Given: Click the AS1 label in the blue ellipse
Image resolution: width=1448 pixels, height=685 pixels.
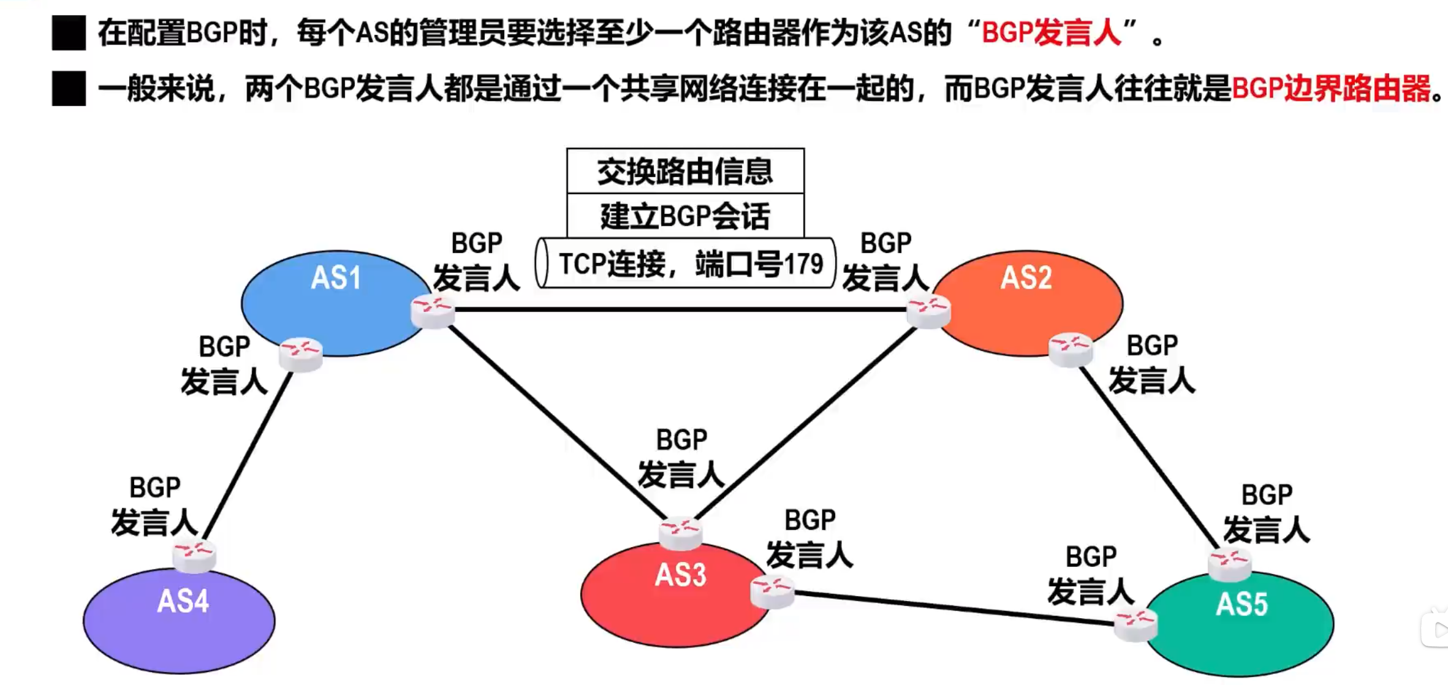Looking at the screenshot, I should (x=335, y=278).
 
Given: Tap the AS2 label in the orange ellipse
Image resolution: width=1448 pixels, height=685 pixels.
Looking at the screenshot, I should (x=1026, y=278).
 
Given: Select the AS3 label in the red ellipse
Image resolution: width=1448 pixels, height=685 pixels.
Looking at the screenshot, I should (x=680, y=575).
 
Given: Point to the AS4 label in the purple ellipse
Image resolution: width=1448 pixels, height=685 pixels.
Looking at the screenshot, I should (x=183, y=601).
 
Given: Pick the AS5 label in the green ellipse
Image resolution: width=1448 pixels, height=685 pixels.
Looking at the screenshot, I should (x=1241, y=605).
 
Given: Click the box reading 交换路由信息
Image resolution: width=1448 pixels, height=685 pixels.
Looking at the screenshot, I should (x=685, y=171).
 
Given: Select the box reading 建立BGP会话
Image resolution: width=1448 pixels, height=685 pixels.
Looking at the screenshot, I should (x=685, y=216).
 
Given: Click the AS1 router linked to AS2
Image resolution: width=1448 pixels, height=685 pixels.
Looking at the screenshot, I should (x=433, y=311).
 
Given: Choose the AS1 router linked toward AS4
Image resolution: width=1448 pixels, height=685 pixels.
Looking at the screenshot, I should (x=300, y=354).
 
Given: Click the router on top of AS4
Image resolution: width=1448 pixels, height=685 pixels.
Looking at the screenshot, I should (x=194, y=555).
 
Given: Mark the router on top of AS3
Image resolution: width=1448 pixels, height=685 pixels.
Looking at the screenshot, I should (x=680, y=532).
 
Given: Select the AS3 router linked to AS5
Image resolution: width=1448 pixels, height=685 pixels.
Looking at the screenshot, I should (x=772, y=591).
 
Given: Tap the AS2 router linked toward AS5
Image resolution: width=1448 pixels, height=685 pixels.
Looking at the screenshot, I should (x=1070, y=350).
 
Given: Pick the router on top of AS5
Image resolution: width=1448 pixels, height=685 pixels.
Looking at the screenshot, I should (x=1229, y=564).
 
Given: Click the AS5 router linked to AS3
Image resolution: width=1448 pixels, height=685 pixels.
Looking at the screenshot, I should (x=1135, y=624).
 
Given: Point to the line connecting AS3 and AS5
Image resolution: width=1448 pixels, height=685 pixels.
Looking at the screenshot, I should (x=953, y=608).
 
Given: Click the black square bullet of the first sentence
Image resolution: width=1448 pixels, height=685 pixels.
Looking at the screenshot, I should (x=69, y=33).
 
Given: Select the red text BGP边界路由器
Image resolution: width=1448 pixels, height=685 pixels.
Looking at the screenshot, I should (x=1331, y=89).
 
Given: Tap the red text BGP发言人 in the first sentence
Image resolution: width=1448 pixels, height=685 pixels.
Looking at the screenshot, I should (x=1052, y=33).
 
